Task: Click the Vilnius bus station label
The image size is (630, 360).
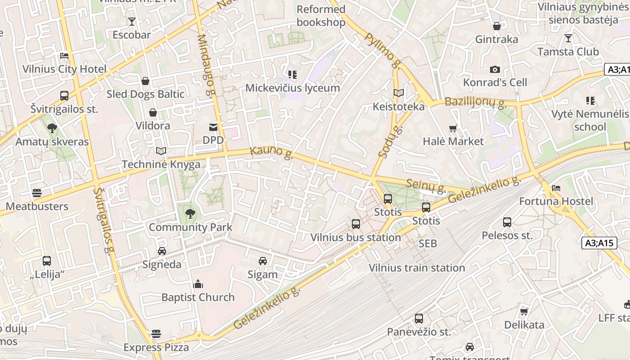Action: click(x=355, y=237)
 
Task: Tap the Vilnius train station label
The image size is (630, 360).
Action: click(x=417, y=268)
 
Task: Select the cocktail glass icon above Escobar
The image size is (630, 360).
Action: click(x=131, y=21)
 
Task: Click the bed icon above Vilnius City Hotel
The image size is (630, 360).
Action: click(x=64, y=56)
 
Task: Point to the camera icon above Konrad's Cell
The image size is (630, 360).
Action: click(x=495, y=69)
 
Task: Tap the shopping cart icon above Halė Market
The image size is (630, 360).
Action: click(x=453, y=128)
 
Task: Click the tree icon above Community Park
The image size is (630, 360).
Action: click(x=190, y=214)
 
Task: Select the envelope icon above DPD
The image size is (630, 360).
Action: click(x=213, y=127)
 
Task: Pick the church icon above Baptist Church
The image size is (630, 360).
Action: click(x=198, y=284)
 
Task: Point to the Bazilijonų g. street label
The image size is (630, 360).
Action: click(x=475, y=102)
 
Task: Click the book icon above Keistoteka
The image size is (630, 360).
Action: click(x=398, y=93)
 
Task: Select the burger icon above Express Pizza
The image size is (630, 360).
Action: click(x=156, y=334)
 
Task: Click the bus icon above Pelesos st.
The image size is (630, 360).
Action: click(x=507, y=222)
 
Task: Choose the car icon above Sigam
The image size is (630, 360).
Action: click(x=263, y=261)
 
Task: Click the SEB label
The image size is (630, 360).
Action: click(x=427, y=243)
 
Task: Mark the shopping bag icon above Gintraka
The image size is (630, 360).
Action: click(x=497, y=26)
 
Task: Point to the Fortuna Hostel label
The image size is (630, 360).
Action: click(x=556, y=201)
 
